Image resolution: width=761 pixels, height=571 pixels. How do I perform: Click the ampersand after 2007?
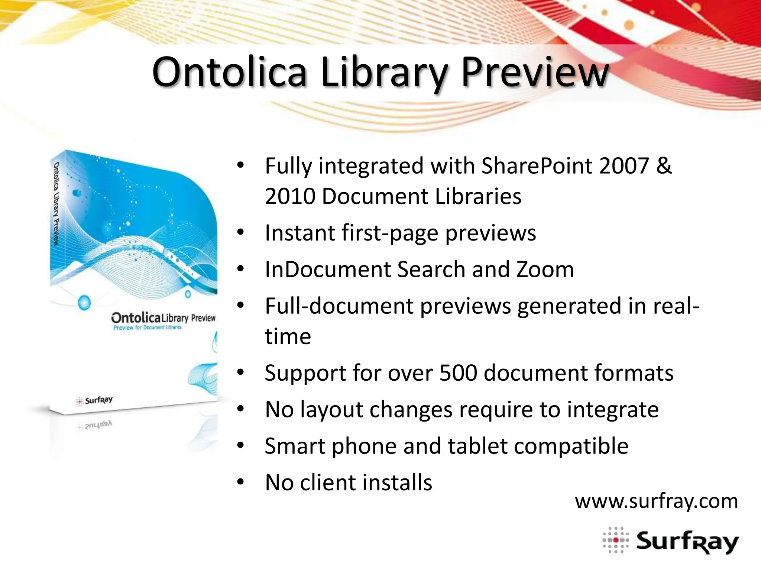tap(664, 166)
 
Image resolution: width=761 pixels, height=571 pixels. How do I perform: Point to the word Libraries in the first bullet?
tap(478, 196)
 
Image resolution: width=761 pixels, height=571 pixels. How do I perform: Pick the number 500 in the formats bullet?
tap(458, 373)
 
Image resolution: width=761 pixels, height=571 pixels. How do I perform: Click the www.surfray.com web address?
tap(656, 501)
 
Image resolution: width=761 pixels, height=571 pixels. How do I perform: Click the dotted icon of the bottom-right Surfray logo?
tap(616, 540)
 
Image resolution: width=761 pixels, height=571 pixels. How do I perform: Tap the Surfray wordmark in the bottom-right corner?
tap(687, 542)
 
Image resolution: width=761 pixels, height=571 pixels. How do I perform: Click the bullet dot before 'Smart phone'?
tap(240, 445)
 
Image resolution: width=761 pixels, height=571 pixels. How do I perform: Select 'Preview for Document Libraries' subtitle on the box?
tap(148, 328)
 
